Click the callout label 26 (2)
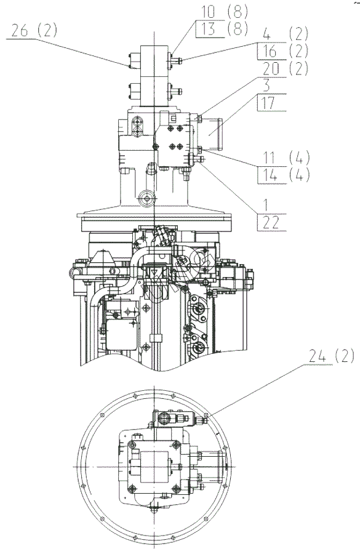pos(34,31)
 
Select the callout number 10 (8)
pos(225,12)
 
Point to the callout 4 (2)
pos(286,34)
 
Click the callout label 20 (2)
pos(286,68)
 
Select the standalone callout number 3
pos(266,85)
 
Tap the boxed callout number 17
pos(268,103)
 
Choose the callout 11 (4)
pos(286,158)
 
